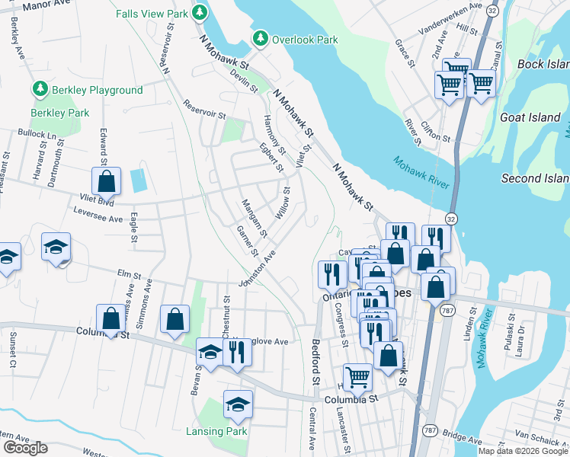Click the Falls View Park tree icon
(x=200, y=13)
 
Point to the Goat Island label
(x=530, y=118)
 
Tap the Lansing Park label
(x=216, y=431)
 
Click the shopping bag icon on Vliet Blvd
(x=106, y=181)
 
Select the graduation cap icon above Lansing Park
(x=238, y=404)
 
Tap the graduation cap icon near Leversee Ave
(x=56, y=247)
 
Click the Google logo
(x=24, y=448)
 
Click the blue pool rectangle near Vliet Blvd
(x=139, y=181)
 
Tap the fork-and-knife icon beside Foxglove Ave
(x=236, y=351)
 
